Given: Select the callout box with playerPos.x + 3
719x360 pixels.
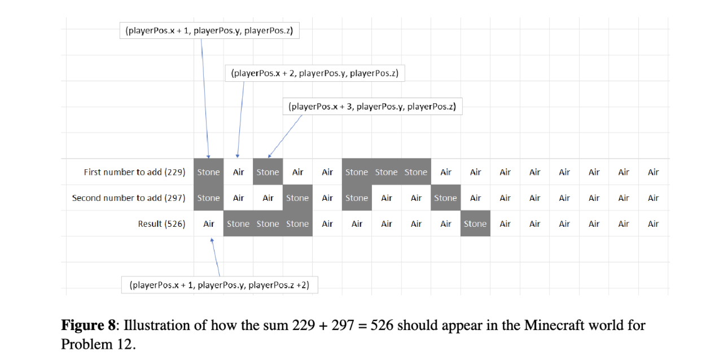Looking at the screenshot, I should pyautogui.click(x=372, y=107).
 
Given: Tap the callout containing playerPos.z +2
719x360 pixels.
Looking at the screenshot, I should pyautogui.click(x=220, y=285).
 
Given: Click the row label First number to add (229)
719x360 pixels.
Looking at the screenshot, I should pyautogui.click(x=134, y=172).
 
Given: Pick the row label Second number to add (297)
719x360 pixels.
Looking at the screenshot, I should pyautogui.click(x=129, y=198).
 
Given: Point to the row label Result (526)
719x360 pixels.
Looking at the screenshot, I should pyautogui.click(x=161, y=224).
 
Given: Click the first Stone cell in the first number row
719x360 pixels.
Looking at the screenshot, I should pyautogui.click(x=209, y=172).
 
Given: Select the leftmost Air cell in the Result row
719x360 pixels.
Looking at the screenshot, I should pyautogui.click(x=209, y=224).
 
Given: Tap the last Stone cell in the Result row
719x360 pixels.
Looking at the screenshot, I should pyautogui.click(x=475, y=224).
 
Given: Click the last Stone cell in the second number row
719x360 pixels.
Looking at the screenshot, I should pyautogui.click(x=445, y=198).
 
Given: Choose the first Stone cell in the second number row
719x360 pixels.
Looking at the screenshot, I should pyautogui.click(x=209, y=198).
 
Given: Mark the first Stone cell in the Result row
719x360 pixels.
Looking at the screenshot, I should pyautogui.click(x=238, y=224).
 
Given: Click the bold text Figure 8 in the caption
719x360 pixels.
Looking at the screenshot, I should pyautogui.click(x=88, y=326).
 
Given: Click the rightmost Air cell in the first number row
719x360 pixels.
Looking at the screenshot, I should pyautogui.click(x=653, y=172).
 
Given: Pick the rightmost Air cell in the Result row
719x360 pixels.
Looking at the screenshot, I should pyautogui.click(x=653, y=224).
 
